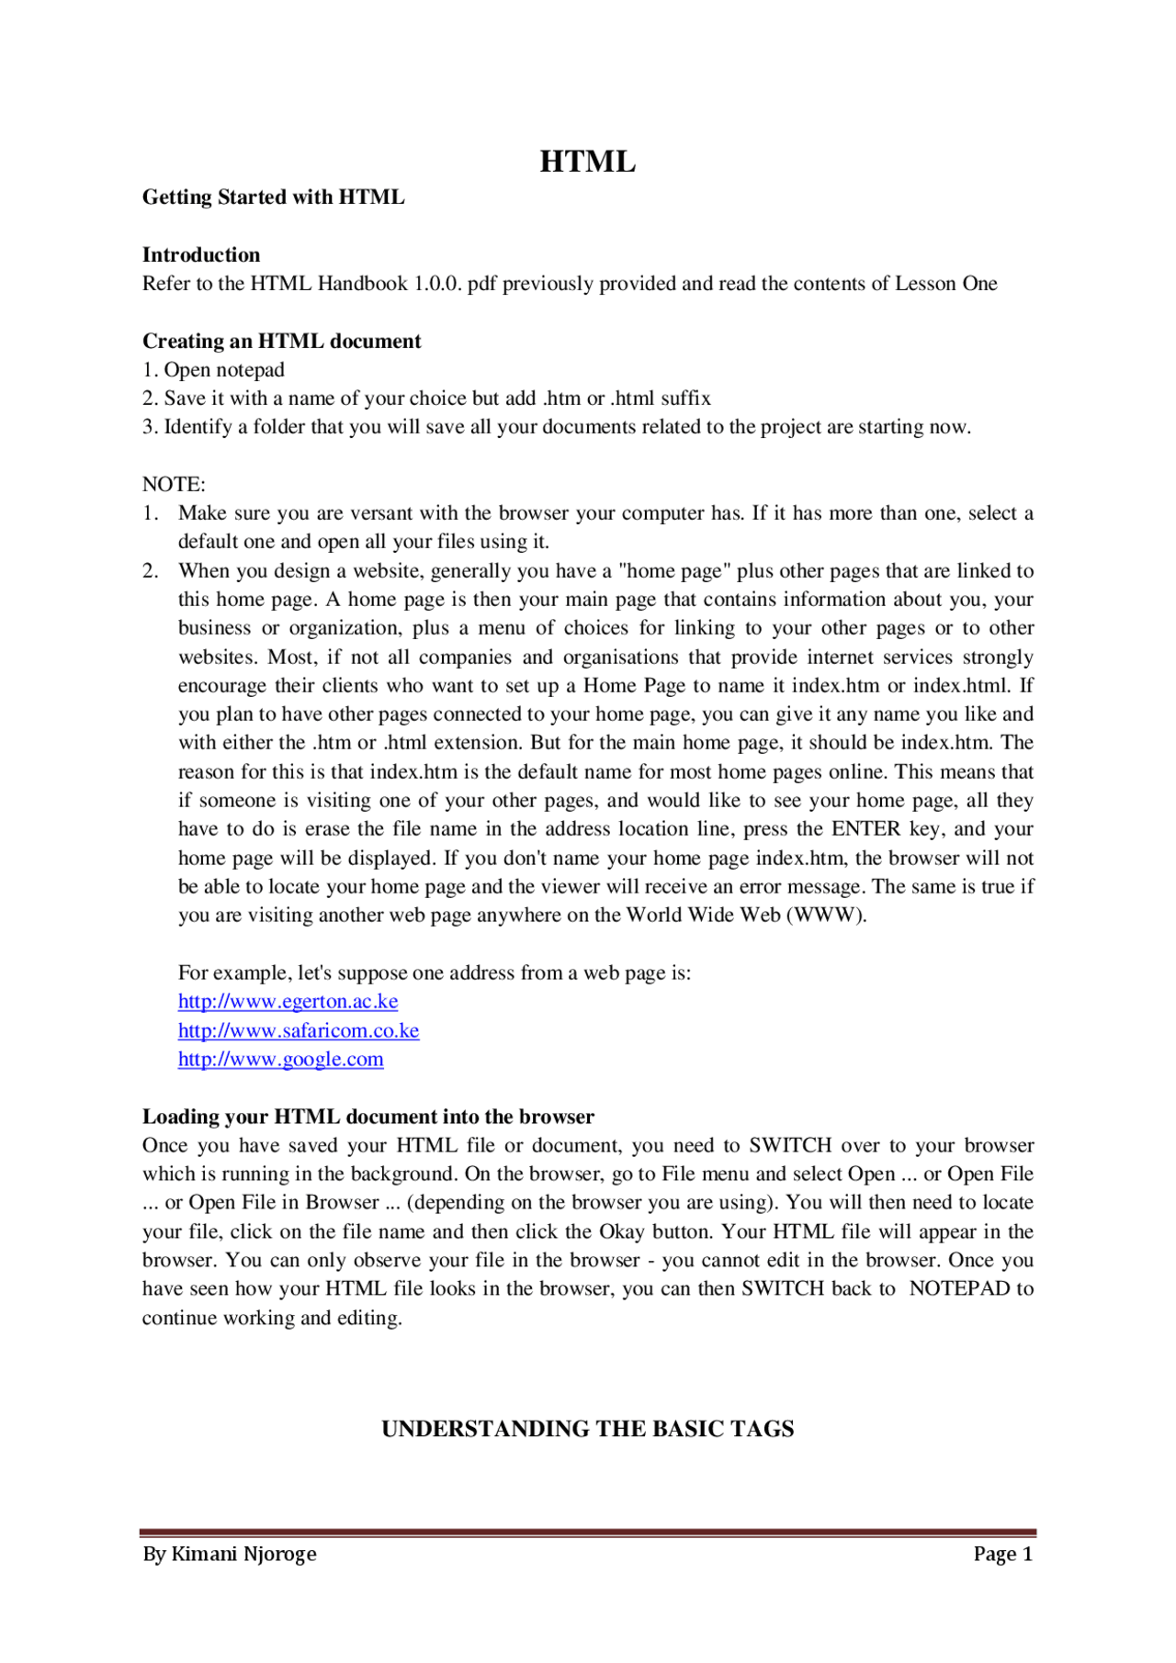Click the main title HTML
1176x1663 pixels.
point(587,162)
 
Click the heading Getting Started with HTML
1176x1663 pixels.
point(273,197)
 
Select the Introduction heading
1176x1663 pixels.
point(200,255)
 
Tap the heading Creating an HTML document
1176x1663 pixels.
point(281,342)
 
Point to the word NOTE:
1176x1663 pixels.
point(174,485)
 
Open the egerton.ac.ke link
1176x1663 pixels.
point(288,1002)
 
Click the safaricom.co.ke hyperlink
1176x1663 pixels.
point(298,1031)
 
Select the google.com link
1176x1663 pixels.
point(280,1060)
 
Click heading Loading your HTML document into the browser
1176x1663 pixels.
point(367,1118)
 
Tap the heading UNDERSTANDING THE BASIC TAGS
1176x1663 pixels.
point(587,1430)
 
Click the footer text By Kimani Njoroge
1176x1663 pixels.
point(229,1555)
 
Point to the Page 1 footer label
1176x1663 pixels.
point(1002,1555)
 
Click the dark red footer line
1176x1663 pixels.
point(587,1533)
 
